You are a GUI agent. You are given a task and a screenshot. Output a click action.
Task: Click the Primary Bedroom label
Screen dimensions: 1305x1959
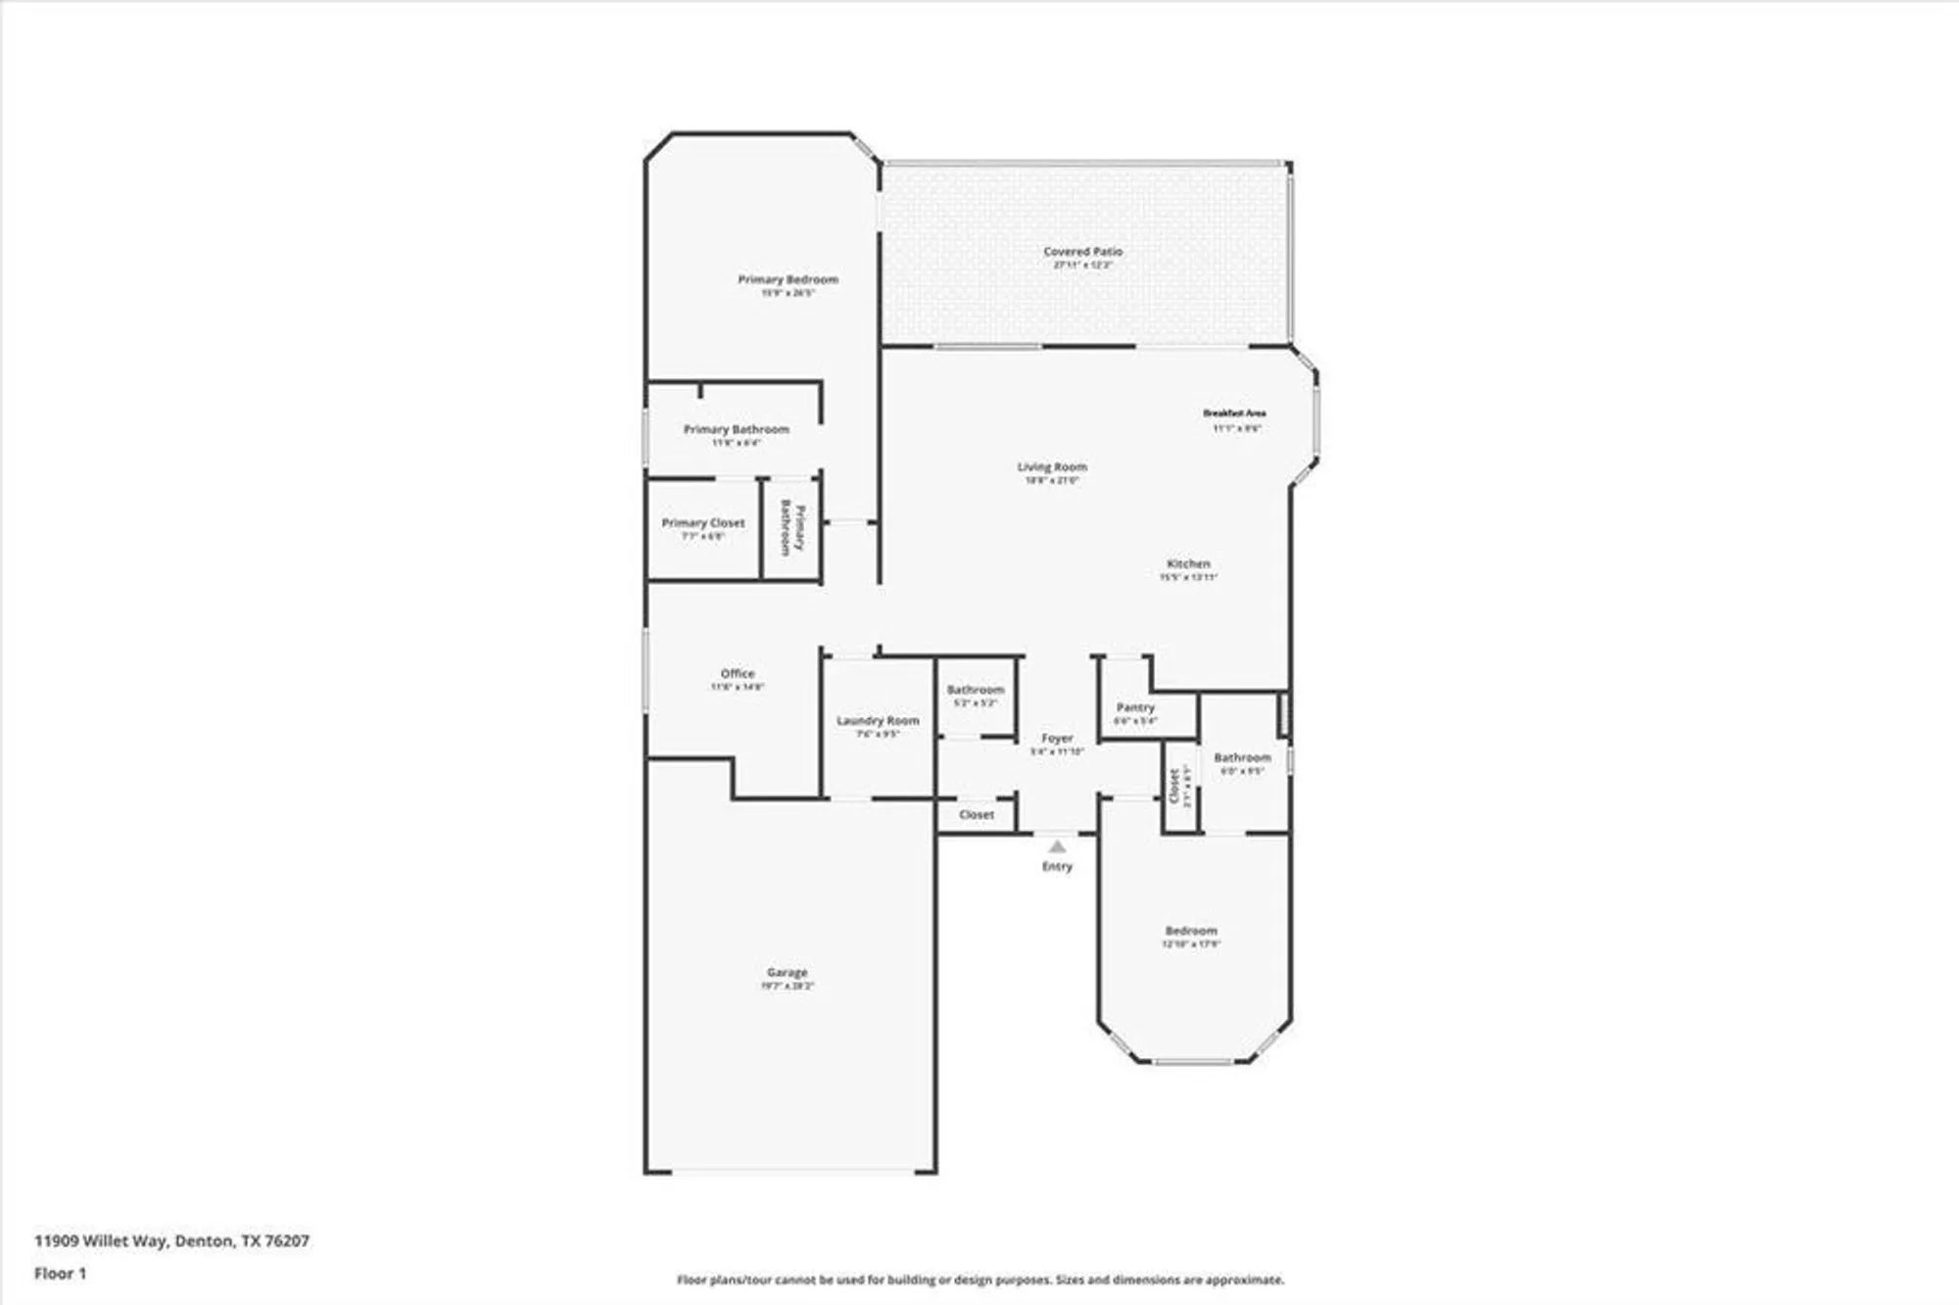[788, 280]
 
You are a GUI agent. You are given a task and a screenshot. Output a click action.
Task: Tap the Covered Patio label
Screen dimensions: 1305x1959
[1082, 252]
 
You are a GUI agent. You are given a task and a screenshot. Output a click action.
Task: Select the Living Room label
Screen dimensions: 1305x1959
[1052, 467]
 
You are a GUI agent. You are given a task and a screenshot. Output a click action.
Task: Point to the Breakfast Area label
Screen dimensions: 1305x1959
[1234, 413]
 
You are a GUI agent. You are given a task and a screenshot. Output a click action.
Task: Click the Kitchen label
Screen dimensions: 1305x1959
[1188, 564]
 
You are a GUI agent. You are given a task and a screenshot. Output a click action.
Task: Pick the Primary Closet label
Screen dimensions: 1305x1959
[703, 523]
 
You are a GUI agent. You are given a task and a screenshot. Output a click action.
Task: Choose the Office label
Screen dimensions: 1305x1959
[738, 674]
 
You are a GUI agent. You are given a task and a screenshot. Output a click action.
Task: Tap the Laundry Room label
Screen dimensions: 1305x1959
[878, 721]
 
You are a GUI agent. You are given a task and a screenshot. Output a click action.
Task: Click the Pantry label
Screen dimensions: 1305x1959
[1135, 707]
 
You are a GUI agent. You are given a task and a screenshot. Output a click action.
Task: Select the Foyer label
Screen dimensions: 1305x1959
[1057, 739]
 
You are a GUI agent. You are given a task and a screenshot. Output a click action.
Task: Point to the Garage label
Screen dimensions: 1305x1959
[787, 973]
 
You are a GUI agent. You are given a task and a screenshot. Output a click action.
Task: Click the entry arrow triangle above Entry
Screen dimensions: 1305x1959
[1056, 846]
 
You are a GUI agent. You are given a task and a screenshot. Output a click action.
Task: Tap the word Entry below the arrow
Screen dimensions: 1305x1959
[1057, 867]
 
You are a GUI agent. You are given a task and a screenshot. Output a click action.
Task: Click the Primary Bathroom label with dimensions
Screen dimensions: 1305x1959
[736, 430]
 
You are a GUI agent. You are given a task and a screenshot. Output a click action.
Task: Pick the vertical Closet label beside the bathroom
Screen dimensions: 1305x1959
[1174, 786]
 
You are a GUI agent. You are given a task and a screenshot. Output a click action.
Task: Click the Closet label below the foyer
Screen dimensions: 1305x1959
[977, 815]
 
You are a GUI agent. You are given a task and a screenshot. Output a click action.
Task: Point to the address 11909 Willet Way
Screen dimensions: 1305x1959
[171, 1240]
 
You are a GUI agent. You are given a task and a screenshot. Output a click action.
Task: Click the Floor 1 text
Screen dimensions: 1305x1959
[60, 1274]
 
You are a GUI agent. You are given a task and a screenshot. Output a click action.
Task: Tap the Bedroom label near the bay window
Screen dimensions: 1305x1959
[1191, 931]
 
